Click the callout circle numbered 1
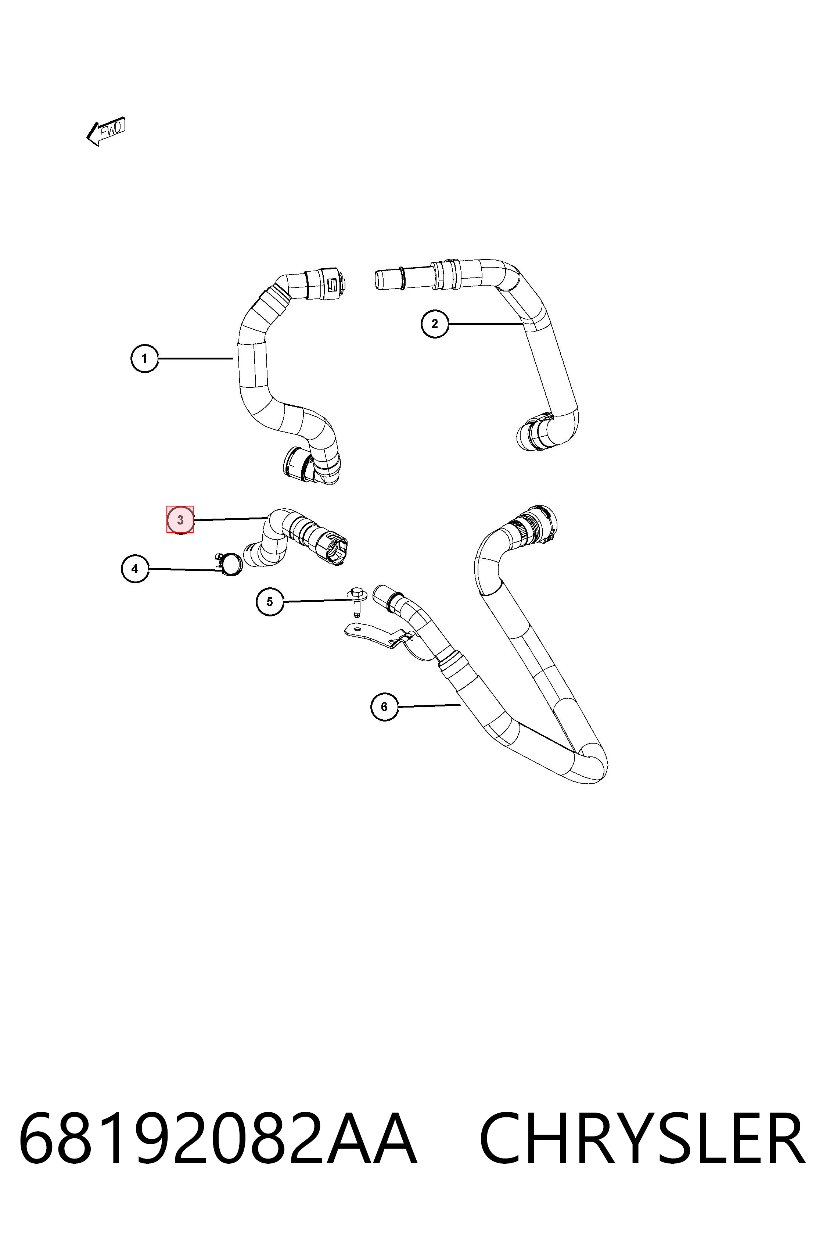(x=144, y=359)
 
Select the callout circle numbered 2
(x=435, y=323)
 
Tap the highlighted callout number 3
(x=180, y=520)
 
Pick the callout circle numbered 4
(x=135, y=569)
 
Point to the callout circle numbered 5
(x=270, y=601)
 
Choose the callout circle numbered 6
(x=384, y=707)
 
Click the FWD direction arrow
(x=106, y=131)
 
